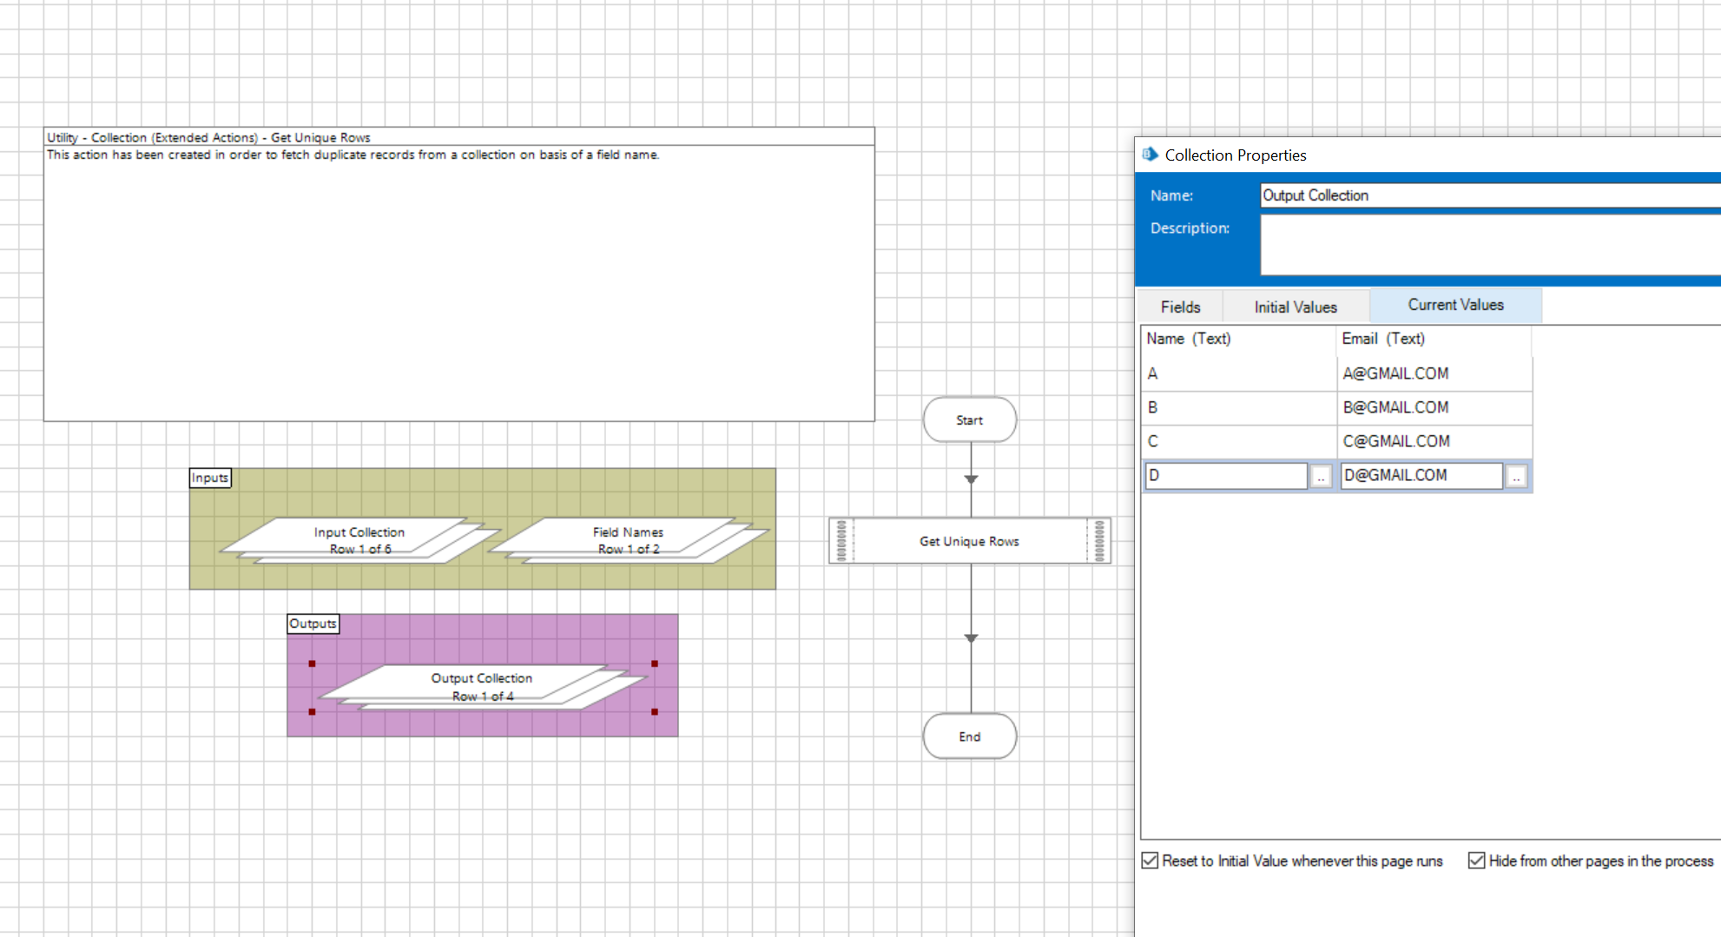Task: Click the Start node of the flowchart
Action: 970,420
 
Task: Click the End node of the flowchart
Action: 970,736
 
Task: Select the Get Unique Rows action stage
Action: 970,541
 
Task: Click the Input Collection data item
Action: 359,540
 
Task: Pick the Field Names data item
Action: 628,540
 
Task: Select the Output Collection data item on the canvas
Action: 482,687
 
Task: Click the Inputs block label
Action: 210,478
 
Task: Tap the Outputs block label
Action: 313,624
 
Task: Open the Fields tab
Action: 1181,307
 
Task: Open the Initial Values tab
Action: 1296,307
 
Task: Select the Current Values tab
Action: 1456,305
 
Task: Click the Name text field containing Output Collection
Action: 1490,195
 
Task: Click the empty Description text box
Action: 1490,245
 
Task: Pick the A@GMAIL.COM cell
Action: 1434,373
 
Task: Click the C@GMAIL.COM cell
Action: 1434,441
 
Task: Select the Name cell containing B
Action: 1239,407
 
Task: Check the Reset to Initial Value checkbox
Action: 1151,861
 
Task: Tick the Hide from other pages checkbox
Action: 1476,861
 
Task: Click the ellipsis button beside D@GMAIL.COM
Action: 1516,476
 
